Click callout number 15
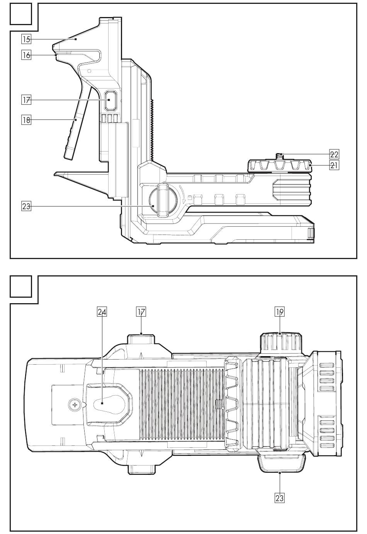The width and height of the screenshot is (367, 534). (x=26, y=39)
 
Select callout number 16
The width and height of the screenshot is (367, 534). (x=26, y=55)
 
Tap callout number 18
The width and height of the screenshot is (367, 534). (x=26, y=119)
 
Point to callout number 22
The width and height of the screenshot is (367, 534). (x=334, y=154)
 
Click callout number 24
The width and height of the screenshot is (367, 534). (x=102, y=312)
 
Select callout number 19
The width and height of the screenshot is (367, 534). (x=280, y=312)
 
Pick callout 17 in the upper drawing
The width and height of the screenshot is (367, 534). (x=26, y=100)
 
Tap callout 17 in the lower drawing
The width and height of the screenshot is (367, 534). (x=141, y=312)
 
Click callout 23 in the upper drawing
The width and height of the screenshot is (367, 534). (x=26, y=206)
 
